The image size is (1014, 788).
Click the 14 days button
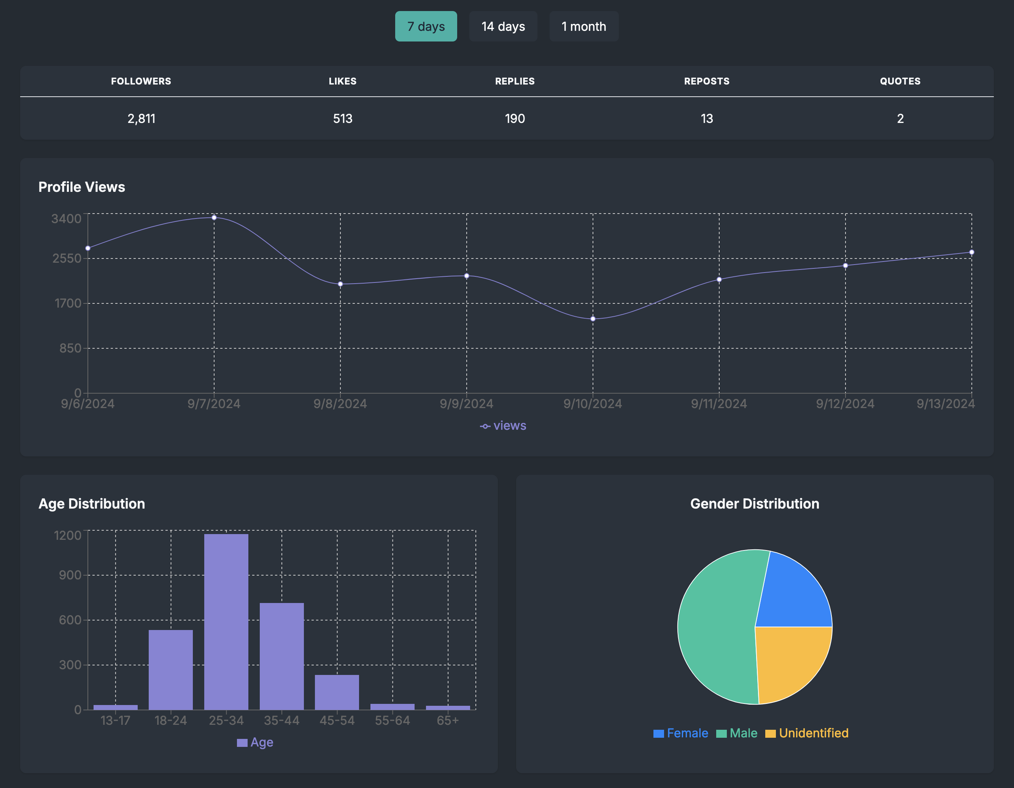503,27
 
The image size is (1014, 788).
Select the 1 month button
583,27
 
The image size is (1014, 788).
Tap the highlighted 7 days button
426,27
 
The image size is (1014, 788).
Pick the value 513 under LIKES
343,118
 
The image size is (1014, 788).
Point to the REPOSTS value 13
707,118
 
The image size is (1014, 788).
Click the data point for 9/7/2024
214,217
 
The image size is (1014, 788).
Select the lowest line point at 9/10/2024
593,319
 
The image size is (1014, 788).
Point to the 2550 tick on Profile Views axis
67,258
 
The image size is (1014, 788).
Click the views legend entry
503,426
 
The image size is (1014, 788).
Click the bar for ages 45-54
337,692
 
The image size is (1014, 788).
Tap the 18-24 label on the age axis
170,720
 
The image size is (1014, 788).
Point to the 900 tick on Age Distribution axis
70,575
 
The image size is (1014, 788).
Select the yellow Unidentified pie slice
789,660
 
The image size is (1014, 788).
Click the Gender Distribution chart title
755,504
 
